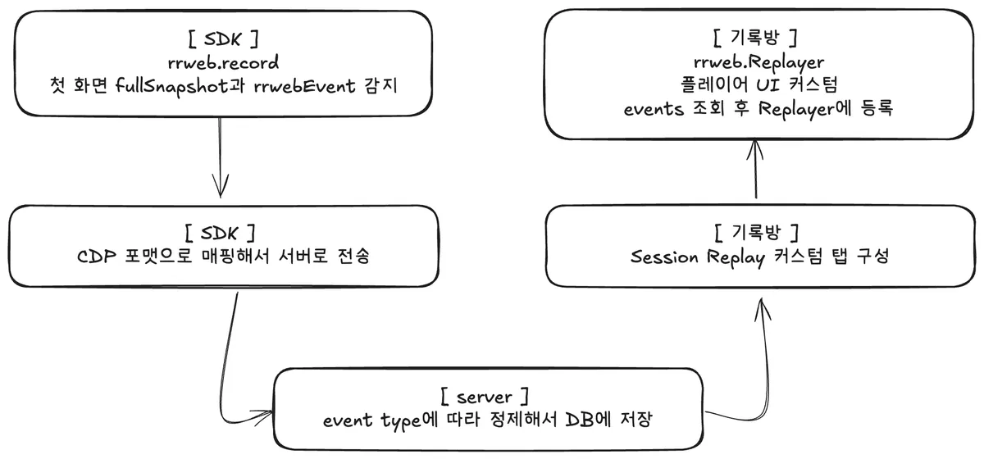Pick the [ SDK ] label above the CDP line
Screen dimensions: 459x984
pos(221,234)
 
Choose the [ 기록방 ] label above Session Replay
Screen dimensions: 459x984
pos(754,233)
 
